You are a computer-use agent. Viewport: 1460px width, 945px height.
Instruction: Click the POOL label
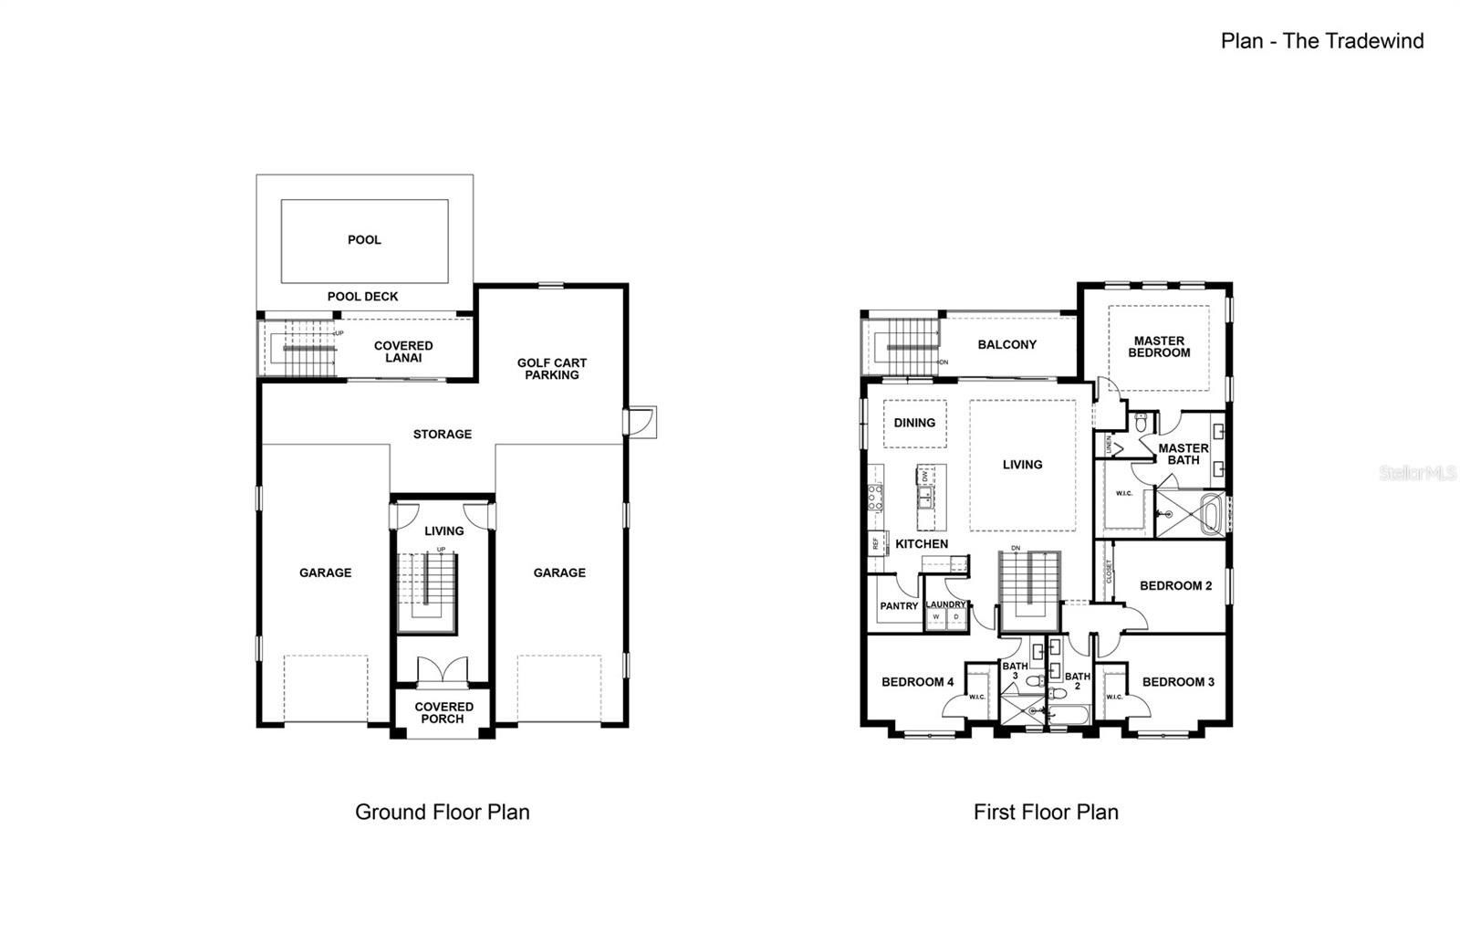click(x=364, y=240)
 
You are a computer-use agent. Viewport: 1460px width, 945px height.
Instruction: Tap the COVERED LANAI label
click(x=403, y=352)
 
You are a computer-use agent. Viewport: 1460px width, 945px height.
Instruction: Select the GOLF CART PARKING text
click(x=551, y=369)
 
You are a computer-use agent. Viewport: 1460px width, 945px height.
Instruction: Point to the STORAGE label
click(x=442, y=434)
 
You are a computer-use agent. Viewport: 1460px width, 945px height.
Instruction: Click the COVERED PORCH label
click(x=443, y=713)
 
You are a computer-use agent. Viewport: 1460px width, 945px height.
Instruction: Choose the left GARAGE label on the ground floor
click(x=325, y=572)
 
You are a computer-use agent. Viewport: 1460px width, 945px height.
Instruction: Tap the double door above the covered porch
click(x=443, y=671)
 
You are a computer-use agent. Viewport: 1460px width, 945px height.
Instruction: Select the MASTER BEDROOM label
click(x=1159, y=347)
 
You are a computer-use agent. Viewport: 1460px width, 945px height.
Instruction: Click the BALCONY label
click(x=1006, y=344)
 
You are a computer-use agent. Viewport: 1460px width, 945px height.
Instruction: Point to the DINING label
click(x=914, y=423)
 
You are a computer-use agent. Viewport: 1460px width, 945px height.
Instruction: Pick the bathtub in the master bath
click(x=1212, y=514)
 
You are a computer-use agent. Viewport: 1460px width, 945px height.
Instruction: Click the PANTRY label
click(x=899, y=606)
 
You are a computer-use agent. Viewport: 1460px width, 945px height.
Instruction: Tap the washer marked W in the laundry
click(x=935, y=617)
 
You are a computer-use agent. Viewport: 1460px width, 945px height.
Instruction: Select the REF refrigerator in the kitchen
click(x=874, y=542)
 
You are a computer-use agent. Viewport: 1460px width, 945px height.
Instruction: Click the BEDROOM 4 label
click(x=917, y=682)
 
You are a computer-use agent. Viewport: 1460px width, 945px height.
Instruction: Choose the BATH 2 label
click(x=1077, y=680)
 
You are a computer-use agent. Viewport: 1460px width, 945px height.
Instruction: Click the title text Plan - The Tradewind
click(x=1321, y=40)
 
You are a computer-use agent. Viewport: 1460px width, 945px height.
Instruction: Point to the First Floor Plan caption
click(x=1046, y=812)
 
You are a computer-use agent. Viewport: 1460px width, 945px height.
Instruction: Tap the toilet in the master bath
click(x=1141, y=423)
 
